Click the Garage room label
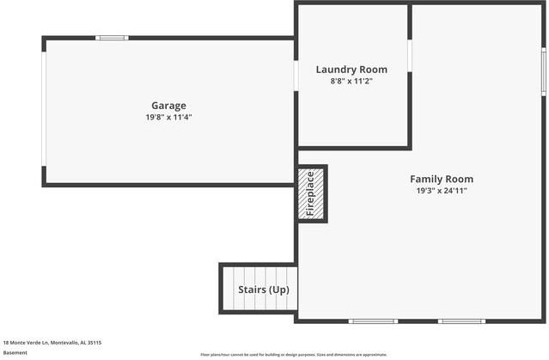(168, 106)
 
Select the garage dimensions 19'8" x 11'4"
(168, 117)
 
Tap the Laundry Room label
(351, 70)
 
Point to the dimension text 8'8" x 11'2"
(351, 81)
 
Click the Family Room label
(441, 180)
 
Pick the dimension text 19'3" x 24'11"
(441, 191)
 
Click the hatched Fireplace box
(311, 193)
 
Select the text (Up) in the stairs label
(278, 290)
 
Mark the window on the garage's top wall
(112, 38)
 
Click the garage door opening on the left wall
(44, 109)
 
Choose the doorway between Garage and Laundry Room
(296, 75)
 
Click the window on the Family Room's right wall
(543, 70)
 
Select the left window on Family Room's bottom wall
(373, 321)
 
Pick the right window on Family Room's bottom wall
(461, 321)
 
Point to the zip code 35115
(94, 342)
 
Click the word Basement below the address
(15, 352)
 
